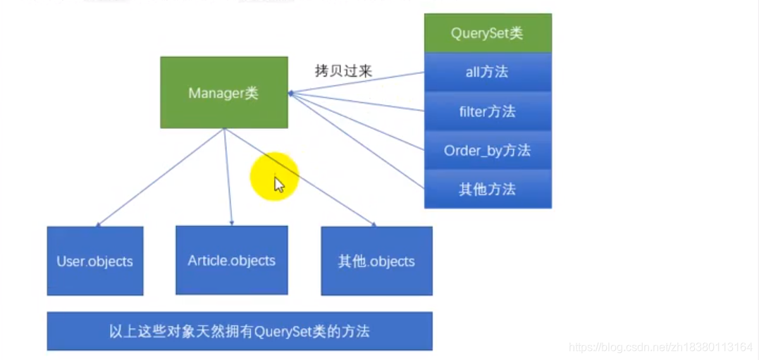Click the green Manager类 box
223,92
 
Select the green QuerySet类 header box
488,33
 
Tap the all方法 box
488,72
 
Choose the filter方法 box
488,111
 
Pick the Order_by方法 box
488,150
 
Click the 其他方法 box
488,189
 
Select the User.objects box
94,261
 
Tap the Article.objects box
231,260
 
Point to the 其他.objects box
376,261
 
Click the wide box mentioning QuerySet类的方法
239,331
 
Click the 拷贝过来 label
343,70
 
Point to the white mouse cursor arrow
279,185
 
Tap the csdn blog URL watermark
660,347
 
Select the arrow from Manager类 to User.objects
161,178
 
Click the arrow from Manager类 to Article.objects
228,176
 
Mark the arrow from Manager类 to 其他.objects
300,178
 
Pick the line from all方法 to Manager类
356,82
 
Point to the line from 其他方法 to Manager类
356,141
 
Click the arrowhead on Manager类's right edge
290,93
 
